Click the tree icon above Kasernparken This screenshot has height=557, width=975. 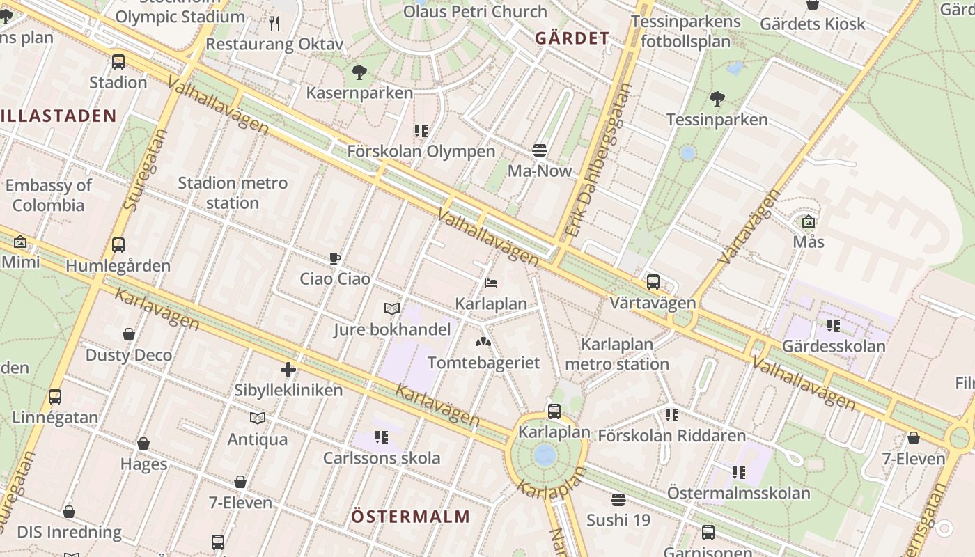pos(359,72)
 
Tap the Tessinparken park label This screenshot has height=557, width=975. pos(717,119)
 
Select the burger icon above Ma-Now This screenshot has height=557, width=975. pos(539,150)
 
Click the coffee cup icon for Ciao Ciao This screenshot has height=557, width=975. pos(335,259)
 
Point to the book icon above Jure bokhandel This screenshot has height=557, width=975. pos(392,308)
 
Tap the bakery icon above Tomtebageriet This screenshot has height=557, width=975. pos(483,342)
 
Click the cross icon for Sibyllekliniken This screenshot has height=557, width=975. pos(288,370)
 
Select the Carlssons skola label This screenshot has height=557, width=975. pos(382,458)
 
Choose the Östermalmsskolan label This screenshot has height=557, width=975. pos(738,493)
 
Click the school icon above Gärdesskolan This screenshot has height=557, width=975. pos(833,325)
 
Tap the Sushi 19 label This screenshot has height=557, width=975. pos(618,520)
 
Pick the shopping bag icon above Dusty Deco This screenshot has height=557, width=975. pos(129,334)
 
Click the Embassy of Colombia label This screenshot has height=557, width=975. pos(48,195)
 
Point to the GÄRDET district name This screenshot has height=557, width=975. pos(572,38)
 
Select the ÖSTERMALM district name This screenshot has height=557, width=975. pos(410,517)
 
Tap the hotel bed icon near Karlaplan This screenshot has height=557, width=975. pos(491,283)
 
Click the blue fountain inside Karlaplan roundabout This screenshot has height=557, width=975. pos(545,455)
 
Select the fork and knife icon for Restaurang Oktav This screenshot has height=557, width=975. pos(274,24)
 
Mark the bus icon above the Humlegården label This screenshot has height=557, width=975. pos(118,245)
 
